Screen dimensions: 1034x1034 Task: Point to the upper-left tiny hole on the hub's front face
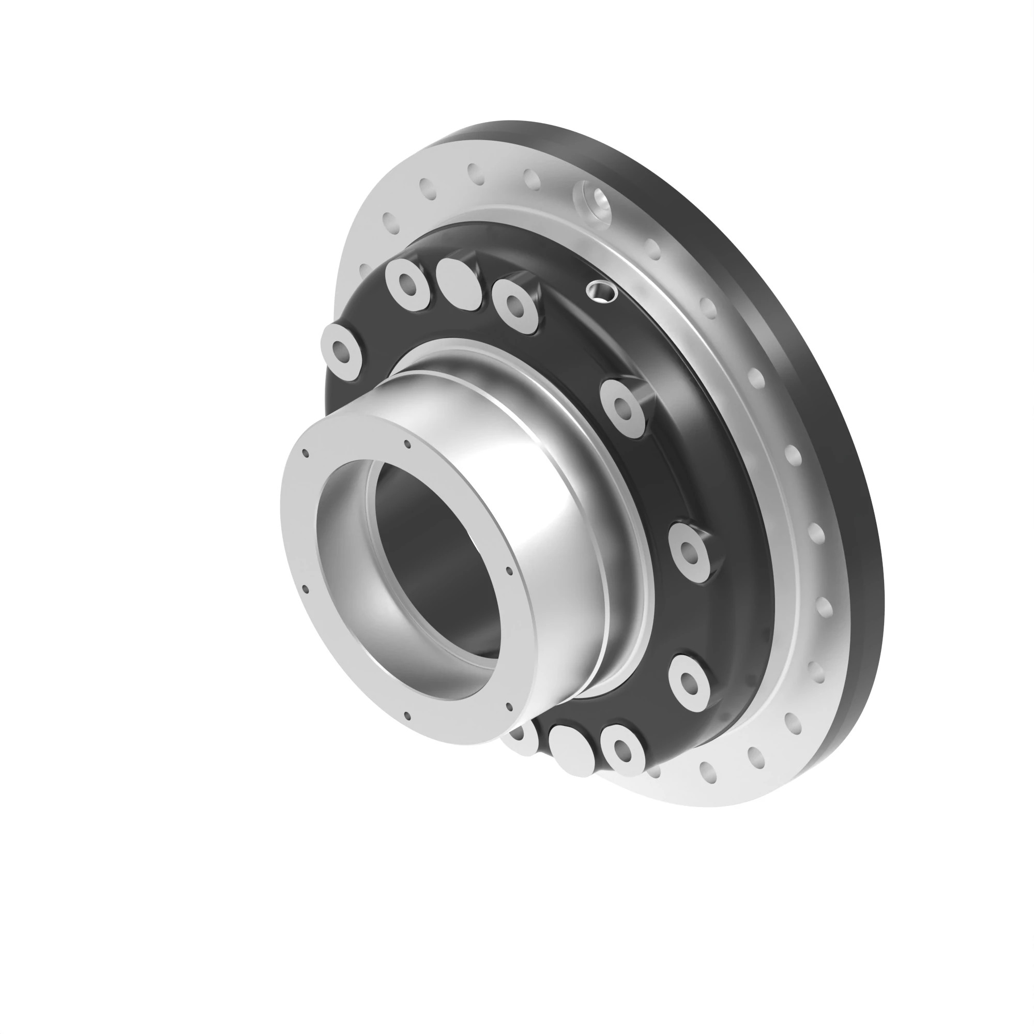[306, 453]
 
